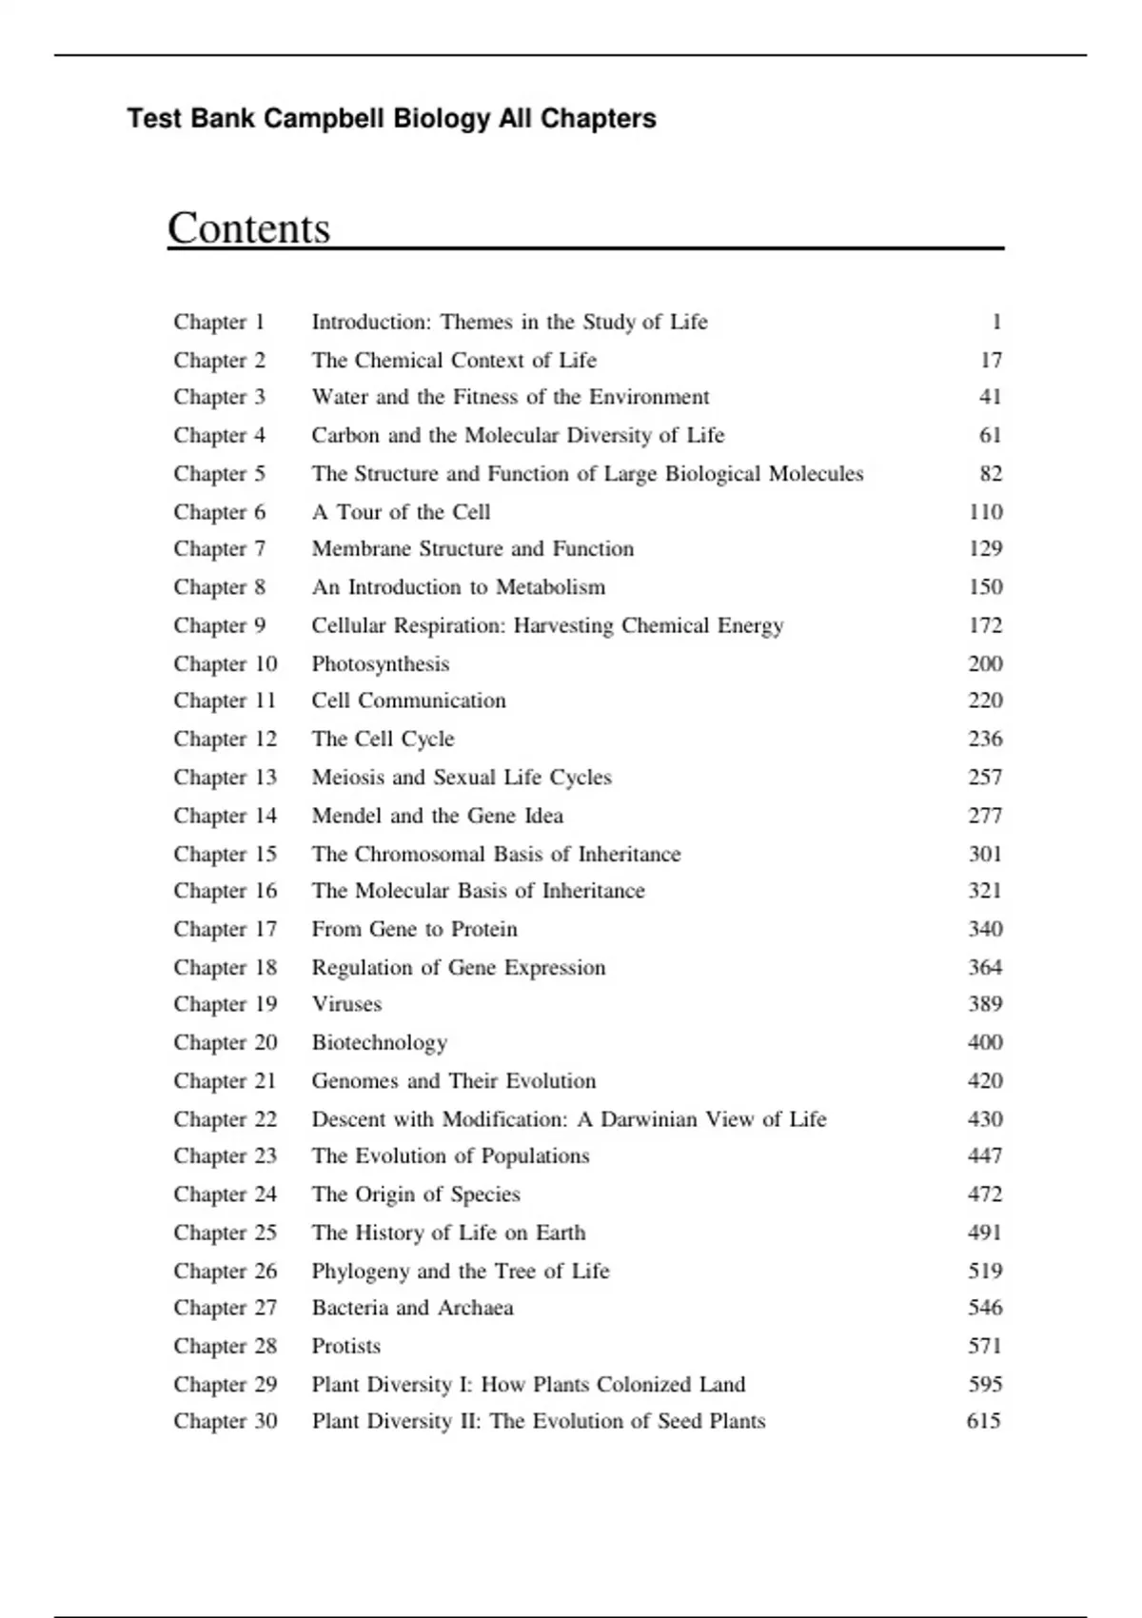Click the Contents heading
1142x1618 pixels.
pos(249,228)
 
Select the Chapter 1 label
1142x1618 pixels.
pos(219,322)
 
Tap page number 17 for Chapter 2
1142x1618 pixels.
pos(991,360)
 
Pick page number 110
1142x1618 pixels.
pos(985,512)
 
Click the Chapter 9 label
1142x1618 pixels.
pos(219,625)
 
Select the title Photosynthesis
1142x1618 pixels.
pos(381,664)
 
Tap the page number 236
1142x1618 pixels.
pos(985,739)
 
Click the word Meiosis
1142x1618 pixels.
pos(346,778)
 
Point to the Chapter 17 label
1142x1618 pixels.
pos(225,929)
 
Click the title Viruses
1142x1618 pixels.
pos(346,1004)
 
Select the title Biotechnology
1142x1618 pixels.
pos(380,1043)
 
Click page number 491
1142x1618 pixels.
pos(985,1233)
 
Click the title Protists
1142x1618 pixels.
pos(346,1346)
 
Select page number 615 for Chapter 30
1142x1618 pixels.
pos(984,1421)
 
